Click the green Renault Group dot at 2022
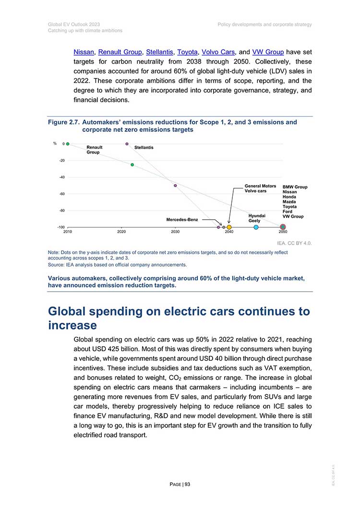point(132,165)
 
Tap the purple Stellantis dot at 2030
point(175,186)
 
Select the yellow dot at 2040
point(229,227)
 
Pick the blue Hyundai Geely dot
point(256,227)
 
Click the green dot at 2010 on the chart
point(68,144)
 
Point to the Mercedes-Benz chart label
point(182,220)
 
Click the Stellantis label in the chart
point(144,147)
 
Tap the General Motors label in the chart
point(260,186)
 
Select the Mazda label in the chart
point(289,201)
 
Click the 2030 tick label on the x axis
point(175,232)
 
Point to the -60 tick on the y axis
point(62,194)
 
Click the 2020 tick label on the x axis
point(121,232)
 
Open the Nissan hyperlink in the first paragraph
point(84,52)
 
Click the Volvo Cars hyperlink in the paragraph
point(218,52)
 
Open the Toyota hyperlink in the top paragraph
point(187,52)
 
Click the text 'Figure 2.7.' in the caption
point(64,122)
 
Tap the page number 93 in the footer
point(188,485)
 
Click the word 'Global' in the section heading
point(67,311)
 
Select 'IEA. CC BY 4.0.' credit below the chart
point(294,243)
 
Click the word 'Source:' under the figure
point(56,265)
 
